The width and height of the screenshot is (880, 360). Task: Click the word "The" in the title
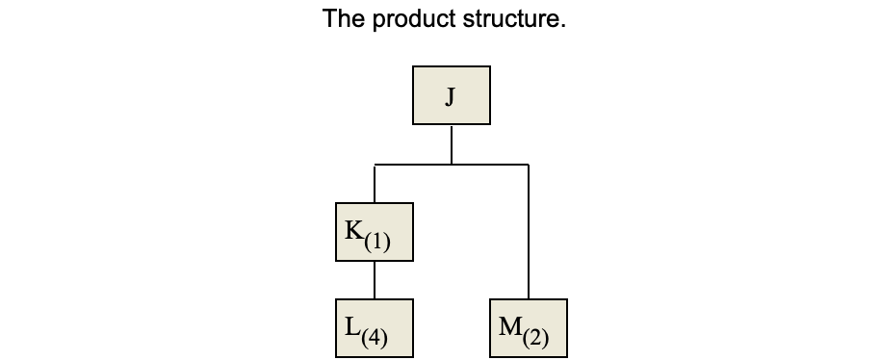(x=343, y=19)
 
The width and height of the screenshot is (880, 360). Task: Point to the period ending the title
(x=563, y=26)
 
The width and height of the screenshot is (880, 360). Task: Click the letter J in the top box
(x=451, y=95)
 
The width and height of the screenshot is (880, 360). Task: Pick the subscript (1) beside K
(x=377, y=241)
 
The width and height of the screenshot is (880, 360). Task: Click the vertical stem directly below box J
(x=452, y=144)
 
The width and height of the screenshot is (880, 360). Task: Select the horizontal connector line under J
(x=414, y=165)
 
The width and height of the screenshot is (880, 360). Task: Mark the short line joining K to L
(x=375, y=280)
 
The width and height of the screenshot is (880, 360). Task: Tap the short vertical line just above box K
(x=375, y=184)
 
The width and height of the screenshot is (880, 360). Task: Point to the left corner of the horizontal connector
(x=375, y=165)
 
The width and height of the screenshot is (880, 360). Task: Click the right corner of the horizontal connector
(x=529, y=165)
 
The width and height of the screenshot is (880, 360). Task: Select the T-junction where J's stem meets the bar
(x=452, y=165)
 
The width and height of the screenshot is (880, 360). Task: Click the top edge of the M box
(x=529, y=299)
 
